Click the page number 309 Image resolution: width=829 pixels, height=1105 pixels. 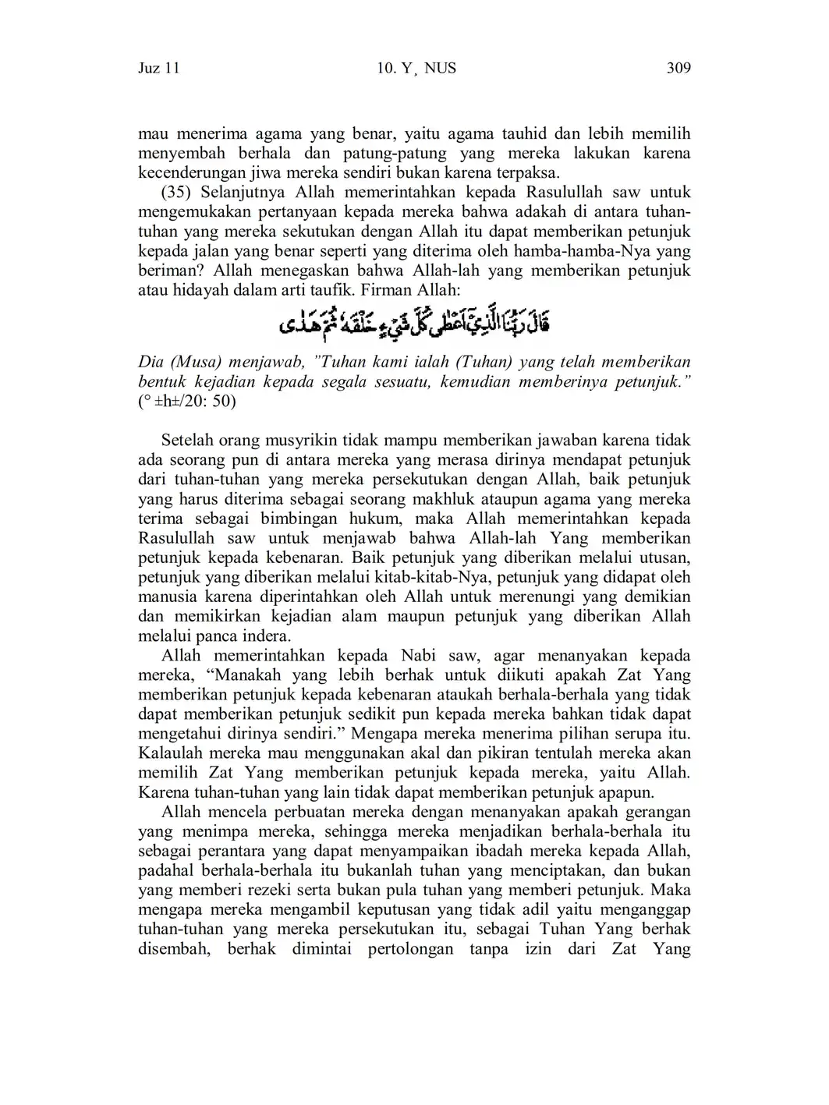click(x=678, y=69)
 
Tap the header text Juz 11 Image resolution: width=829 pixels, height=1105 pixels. click(x=159, y=69)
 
